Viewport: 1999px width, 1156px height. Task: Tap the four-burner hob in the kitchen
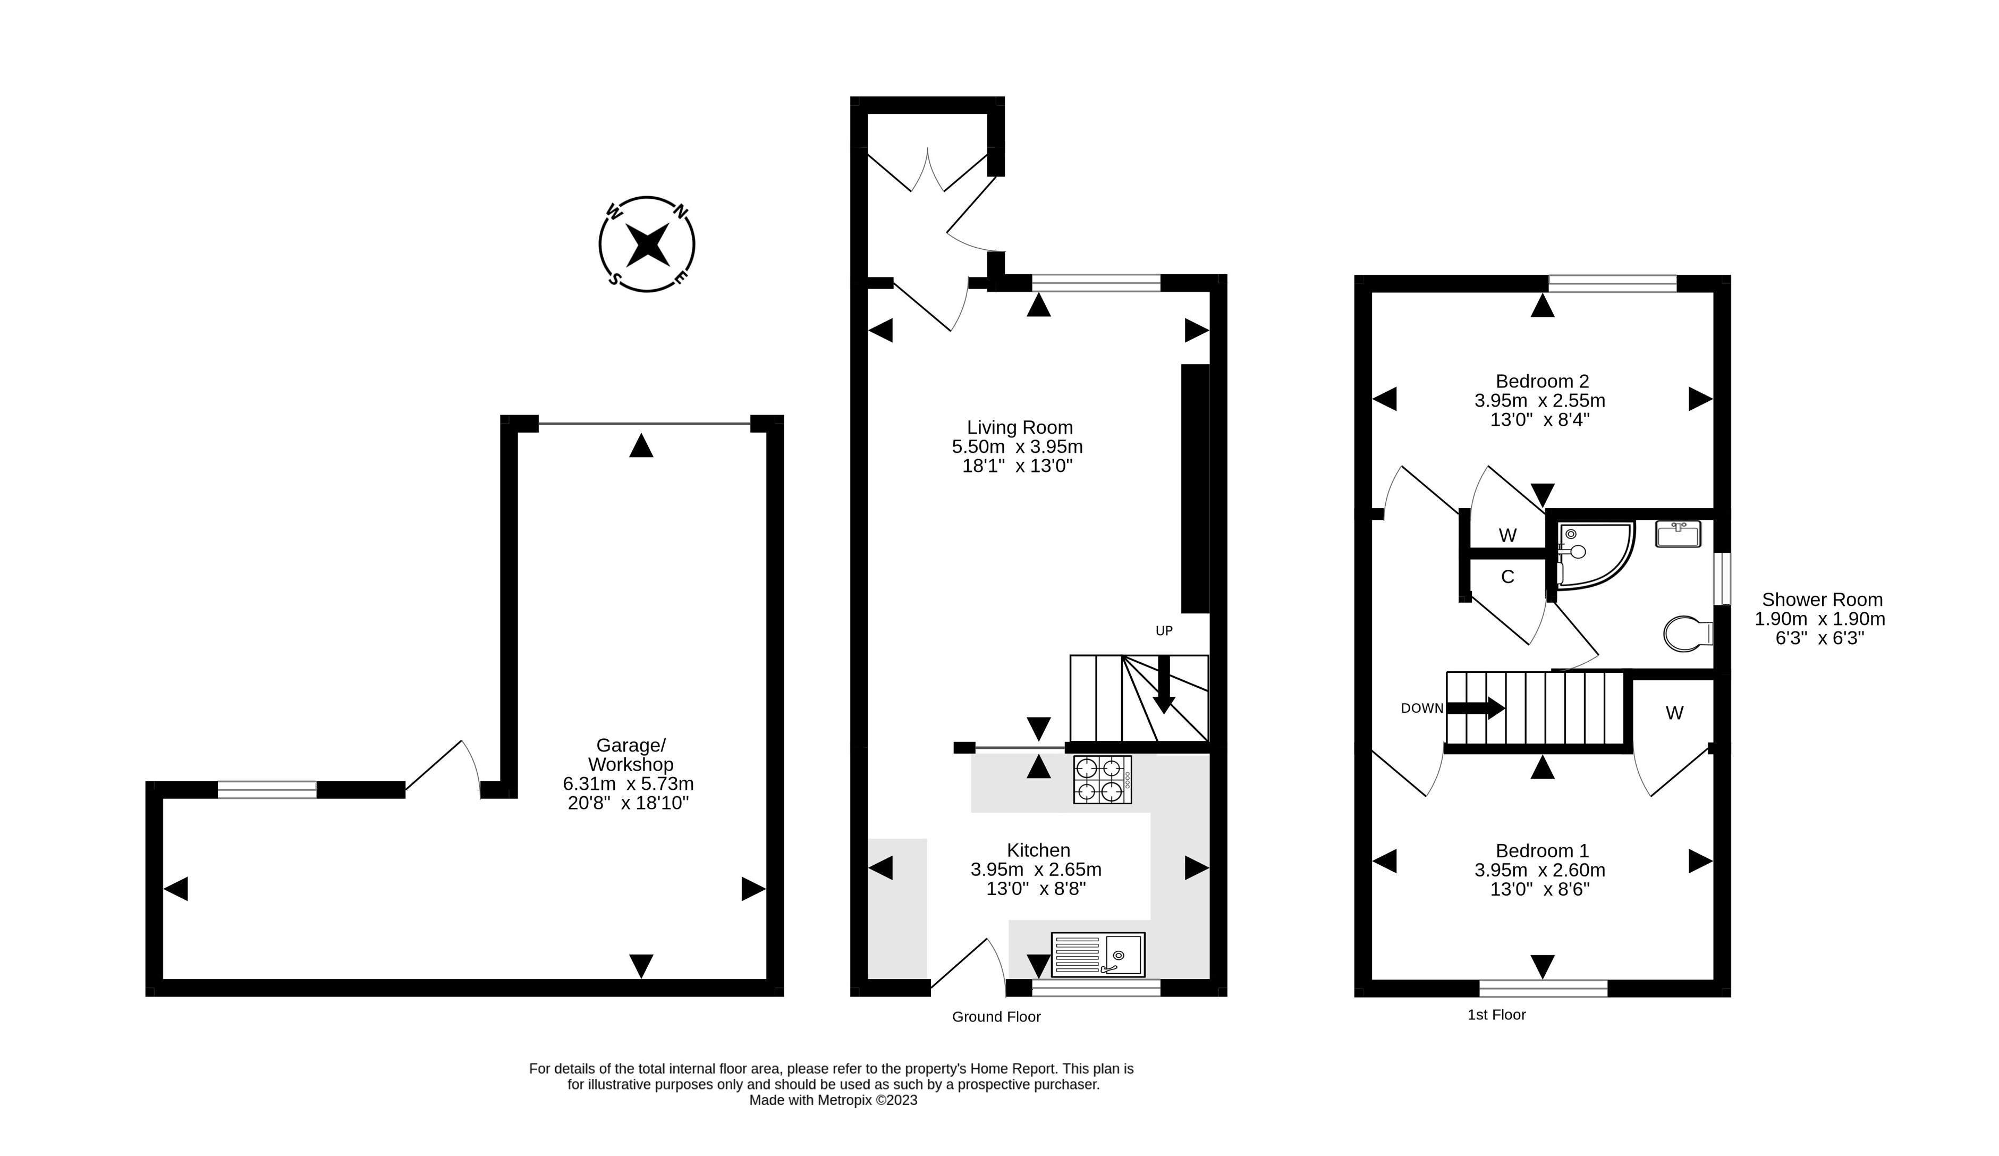point(1102,779)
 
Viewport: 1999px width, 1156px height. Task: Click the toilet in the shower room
point(1687,634)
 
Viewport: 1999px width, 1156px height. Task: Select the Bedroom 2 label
point(1542,381)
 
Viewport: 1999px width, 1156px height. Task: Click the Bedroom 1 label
point(1542,850)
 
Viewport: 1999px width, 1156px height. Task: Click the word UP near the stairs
point(1164,631)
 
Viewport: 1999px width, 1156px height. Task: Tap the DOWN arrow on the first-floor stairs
point(1476,708)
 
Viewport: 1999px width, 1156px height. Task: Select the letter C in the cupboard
point(1507,577)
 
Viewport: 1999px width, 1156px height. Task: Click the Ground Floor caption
point(996,1016)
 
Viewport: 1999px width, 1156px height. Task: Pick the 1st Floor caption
point(1496,1014)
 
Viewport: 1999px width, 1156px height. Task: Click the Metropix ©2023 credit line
point(833,1101)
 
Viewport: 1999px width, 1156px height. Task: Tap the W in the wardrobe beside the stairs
point(1674,713)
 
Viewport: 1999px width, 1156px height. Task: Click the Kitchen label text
point(1038,850)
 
